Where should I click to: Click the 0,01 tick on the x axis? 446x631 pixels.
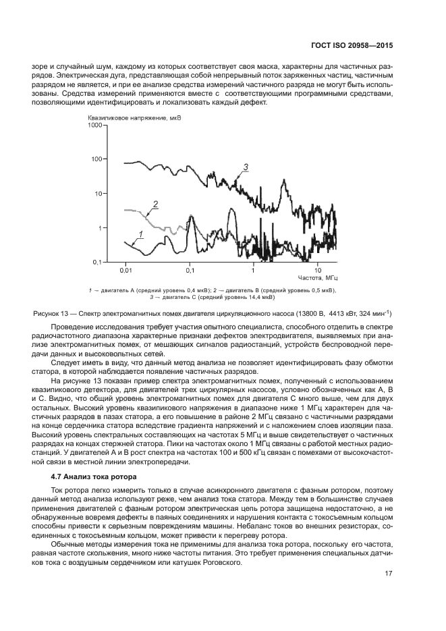point(125,271)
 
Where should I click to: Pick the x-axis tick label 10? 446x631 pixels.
point(317,271)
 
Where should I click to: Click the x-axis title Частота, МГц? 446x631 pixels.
point(317,278)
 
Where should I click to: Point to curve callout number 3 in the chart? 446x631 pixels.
point(246,167)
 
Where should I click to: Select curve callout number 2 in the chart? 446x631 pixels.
point(155,204)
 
